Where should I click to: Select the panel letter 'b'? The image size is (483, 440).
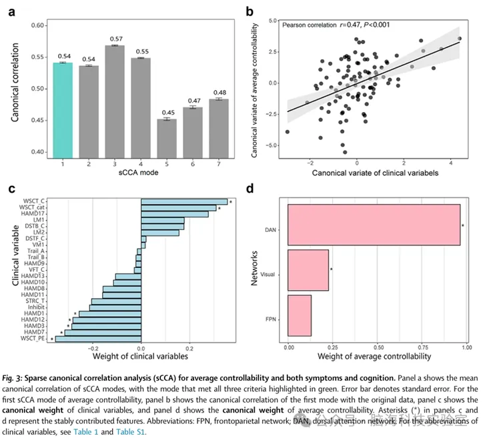click(250, 11)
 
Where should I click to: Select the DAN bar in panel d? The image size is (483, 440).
click(374, 225)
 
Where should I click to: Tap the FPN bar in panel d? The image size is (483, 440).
click(300, 315)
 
